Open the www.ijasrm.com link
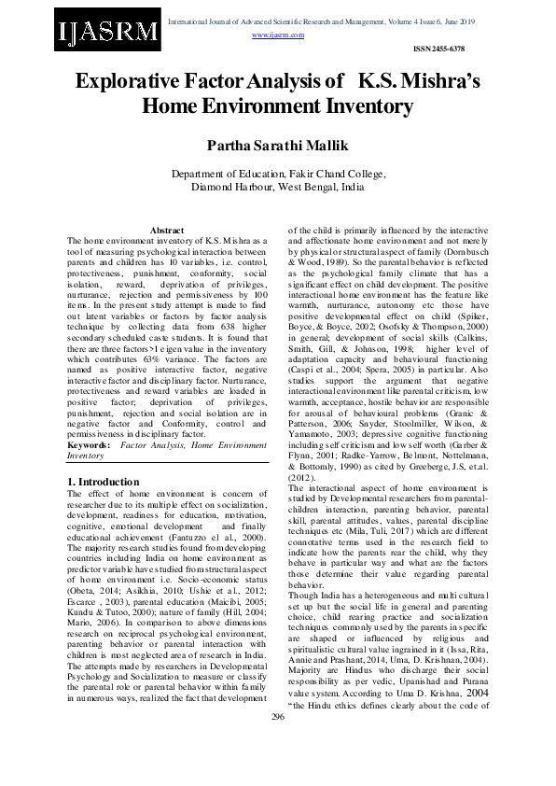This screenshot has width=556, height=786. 278,35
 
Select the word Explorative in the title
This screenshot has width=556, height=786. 129,81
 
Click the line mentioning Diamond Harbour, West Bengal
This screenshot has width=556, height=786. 277,187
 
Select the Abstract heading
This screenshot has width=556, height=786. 167,230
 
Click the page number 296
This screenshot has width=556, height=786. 277,742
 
